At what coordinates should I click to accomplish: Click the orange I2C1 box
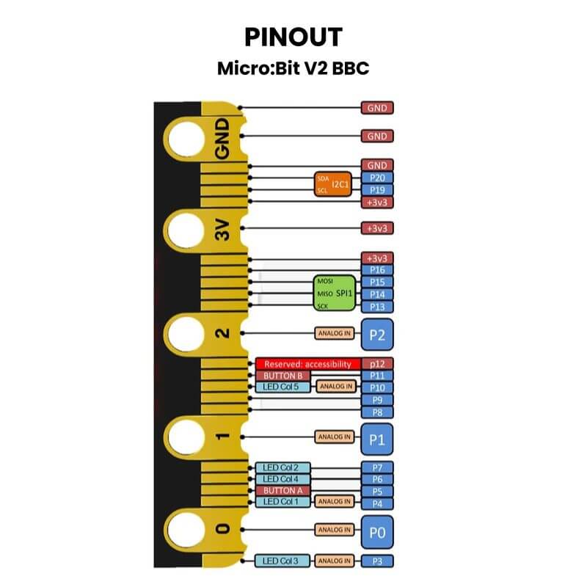[x=332, y=184]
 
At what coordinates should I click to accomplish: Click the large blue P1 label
[x=377, y=438]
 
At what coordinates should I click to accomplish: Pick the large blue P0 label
[x=377, y=531]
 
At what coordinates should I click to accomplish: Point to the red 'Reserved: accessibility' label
[x=308, y=364]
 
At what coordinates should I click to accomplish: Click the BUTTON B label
[x=278, y=376]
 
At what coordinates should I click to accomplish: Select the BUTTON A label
[x=278, y=490]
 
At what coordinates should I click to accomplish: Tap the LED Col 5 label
[x=280, y=387]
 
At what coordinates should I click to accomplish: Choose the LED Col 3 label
[x=280, y=561]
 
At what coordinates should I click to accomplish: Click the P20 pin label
[x=377, y=178]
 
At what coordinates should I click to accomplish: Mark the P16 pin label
[x=377, y=270]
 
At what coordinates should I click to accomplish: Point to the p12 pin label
[x=377, y=364]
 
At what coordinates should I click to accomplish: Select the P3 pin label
[x=377, y=561]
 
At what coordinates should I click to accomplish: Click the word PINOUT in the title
[x=293, y=37]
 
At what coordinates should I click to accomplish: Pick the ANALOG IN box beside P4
[x=334, y=502]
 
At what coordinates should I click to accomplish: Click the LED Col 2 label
[x=280, y=467]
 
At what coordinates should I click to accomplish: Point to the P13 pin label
[x=377, y=306]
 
